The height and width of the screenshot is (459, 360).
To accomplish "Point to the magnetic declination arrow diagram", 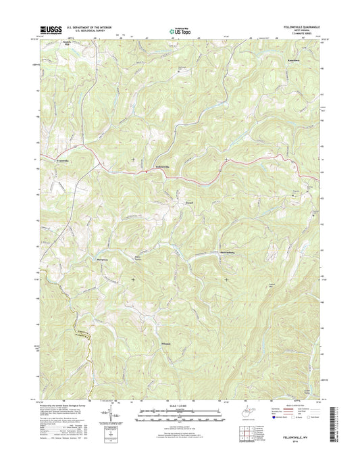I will pos(108,412).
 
